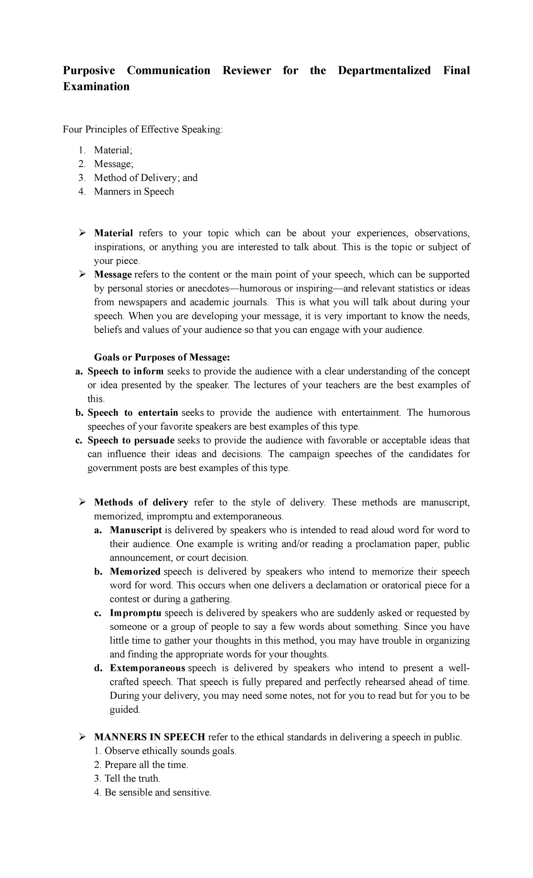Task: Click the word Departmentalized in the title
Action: point(384,71)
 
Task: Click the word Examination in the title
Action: point(96,87)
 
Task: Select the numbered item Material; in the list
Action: point(113,151)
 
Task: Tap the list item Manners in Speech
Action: point(134,192)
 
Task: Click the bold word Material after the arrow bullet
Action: point(113,233)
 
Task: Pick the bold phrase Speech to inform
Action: point(126,371)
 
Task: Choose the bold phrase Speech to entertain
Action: point(133,413)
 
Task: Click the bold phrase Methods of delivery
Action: point(141,503)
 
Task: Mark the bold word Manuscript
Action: point(135,530)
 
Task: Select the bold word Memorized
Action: point(135,571)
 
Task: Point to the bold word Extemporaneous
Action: point(147,668)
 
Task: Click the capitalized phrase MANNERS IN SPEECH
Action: point(149,737)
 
